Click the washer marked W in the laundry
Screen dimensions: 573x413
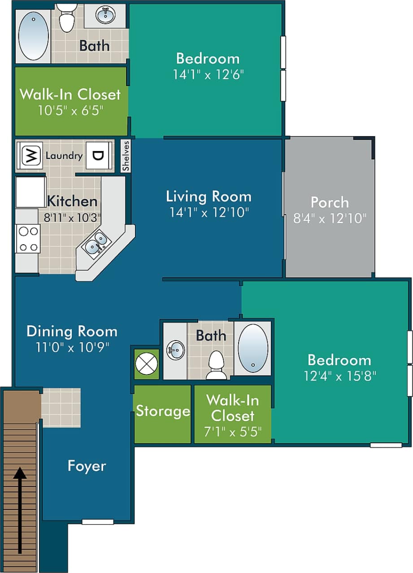(x=30, y=155)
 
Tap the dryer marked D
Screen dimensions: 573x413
(x=98, y=155)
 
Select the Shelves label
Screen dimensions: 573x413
(x=126, y=156)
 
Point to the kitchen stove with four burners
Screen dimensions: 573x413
(x=27, y=239)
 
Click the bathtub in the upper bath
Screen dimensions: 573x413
(x=33, y=36)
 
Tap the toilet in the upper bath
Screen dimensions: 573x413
(x=67, y=18)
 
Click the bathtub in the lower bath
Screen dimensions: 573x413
(x=253, y=348)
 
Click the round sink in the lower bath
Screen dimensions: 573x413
(x=175, y=350)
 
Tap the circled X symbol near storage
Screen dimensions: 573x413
(x=147, y=362)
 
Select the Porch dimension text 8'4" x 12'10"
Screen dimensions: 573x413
(x=330, y=218)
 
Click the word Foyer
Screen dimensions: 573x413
(x=87, y=466)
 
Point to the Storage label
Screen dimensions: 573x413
(x=163, y=411)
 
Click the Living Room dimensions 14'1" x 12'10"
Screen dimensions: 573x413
(x=209, y=212)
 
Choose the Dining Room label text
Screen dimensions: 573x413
(x=72, y=332)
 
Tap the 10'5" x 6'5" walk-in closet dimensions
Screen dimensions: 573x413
(x=70, y=110)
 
